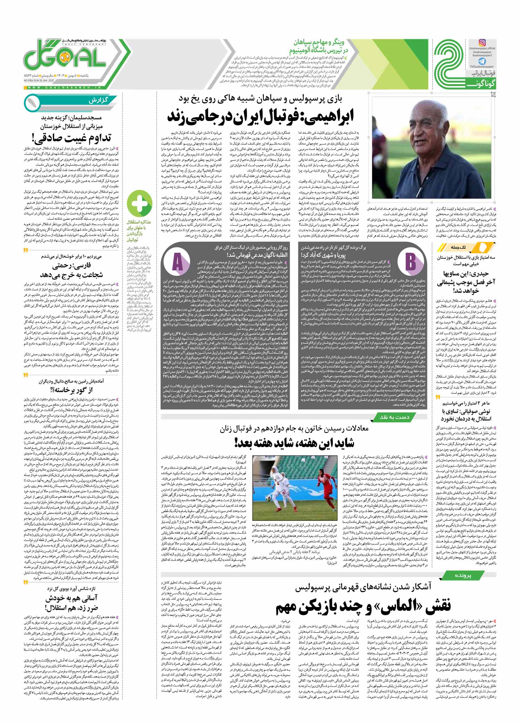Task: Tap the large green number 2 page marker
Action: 448,65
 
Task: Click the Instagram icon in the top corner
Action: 482,43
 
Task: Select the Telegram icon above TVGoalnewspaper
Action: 482,61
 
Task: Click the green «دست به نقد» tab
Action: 394,417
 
